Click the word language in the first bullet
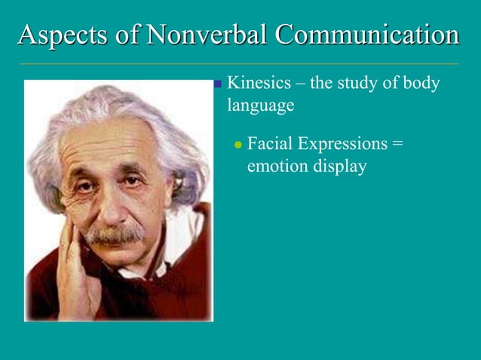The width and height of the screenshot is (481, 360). point(260,106)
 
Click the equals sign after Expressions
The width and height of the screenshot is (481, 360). point(397,142)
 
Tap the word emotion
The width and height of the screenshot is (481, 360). point(277,166)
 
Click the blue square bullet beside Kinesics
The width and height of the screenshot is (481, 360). point(218,84)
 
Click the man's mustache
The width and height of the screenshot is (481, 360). point(115,235)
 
